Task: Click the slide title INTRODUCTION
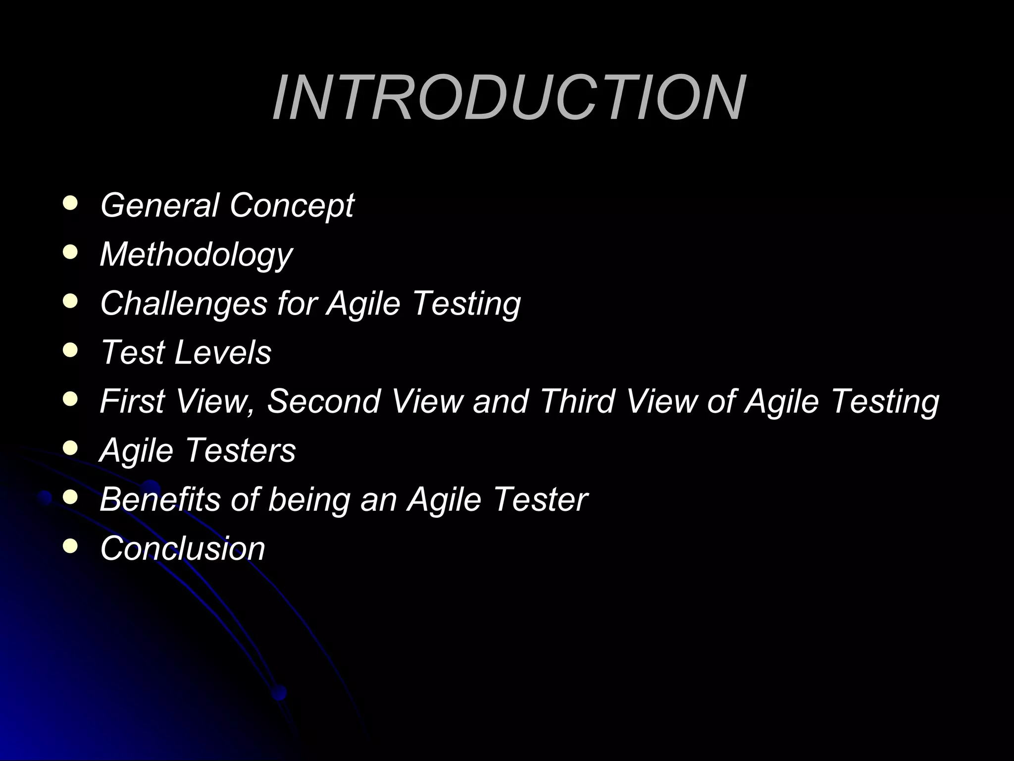tap(508, 98)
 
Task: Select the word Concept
tap(292, 206)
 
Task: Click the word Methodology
tap(196, 255)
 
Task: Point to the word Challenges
tap(184, 303)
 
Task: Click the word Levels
tap(223, 352)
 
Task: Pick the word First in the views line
tap(132, 401)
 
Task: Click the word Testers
tap(241, 450)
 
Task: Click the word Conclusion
tap(183, 548)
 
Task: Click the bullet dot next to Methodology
tap(70, 252)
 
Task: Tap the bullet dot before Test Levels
tap(70, 350)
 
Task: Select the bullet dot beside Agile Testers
tap(70, 448)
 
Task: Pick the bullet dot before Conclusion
tap(70, 546)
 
